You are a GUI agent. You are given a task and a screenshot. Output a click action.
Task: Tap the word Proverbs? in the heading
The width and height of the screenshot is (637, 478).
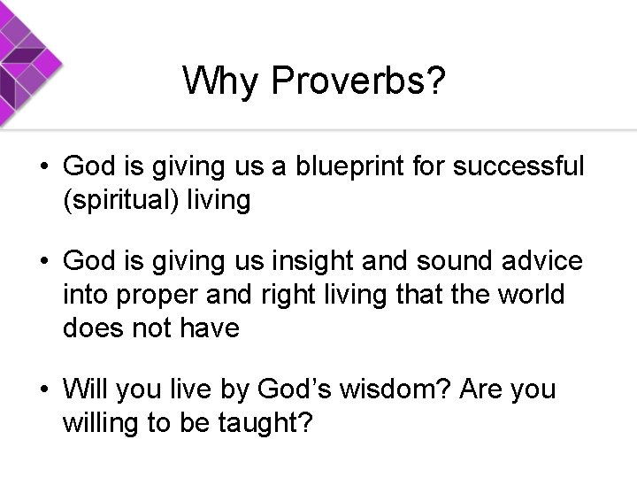coord(359,82)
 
